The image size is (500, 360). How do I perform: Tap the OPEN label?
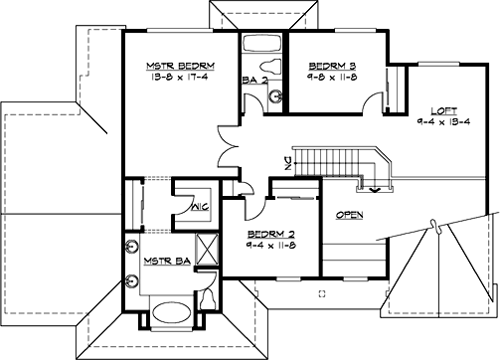point(349,214)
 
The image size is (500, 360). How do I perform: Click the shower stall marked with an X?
point(208,247)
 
